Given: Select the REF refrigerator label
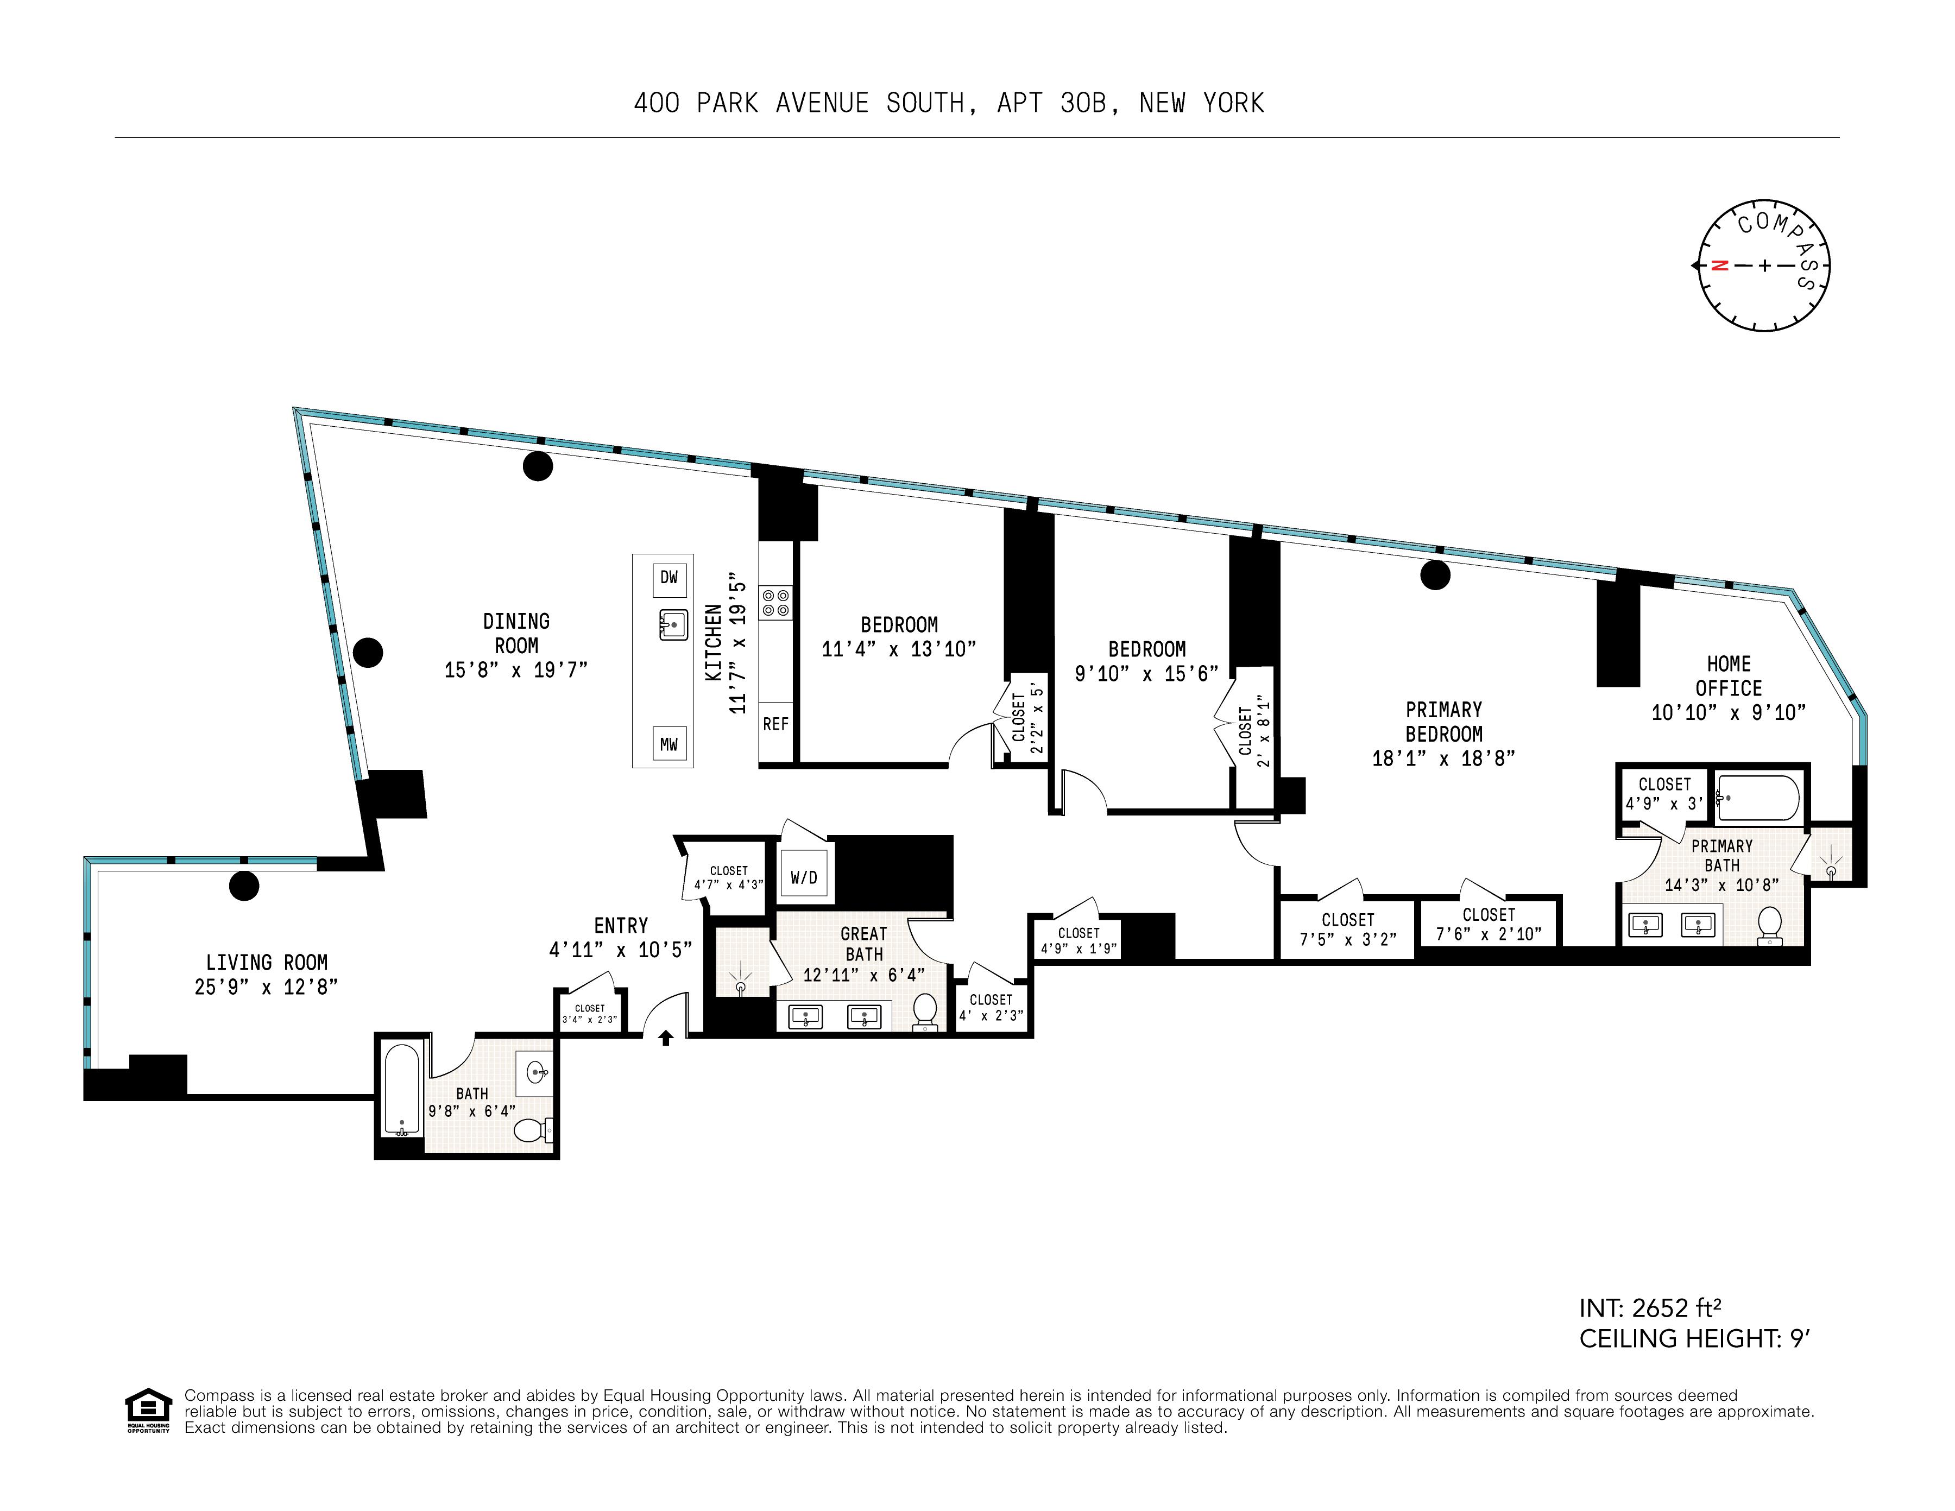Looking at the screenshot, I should click(x=775, y=724).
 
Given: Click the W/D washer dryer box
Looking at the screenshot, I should click(x=804, y=878).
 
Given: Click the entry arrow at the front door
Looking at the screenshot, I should click(x=665, y=1038).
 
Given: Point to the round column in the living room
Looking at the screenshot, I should click(x=244, y=886).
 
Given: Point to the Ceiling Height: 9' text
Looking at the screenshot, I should click(x=1694, y=1339).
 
